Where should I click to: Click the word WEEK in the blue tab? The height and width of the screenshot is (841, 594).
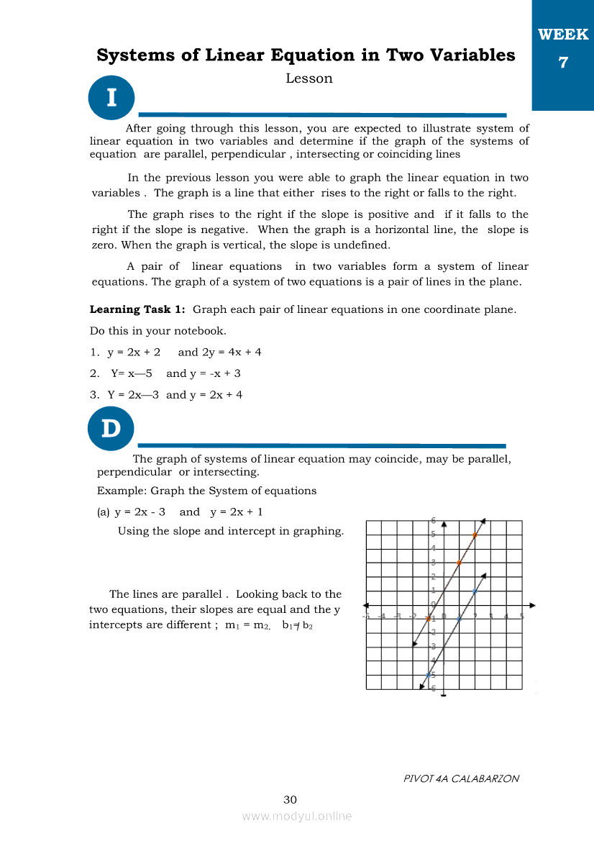point(563,35)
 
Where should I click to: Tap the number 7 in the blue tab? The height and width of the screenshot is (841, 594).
point(563,63)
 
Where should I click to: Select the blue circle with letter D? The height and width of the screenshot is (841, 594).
point(111,428)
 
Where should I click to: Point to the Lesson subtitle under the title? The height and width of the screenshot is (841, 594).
point(309,78)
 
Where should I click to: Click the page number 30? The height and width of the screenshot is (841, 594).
point(291,799)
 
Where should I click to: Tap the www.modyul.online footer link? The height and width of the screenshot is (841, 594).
point(297,816)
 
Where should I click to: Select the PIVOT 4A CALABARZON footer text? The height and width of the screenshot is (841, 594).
point(461,778)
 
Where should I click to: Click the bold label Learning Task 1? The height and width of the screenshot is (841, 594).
point(137,309)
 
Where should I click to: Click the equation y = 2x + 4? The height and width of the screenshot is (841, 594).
point(216,394)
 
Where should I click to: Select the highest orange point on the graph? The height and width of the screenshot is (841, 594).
point(475,535)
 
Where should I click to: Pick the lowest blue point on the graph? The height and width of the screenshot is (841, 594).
point(428,675)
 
